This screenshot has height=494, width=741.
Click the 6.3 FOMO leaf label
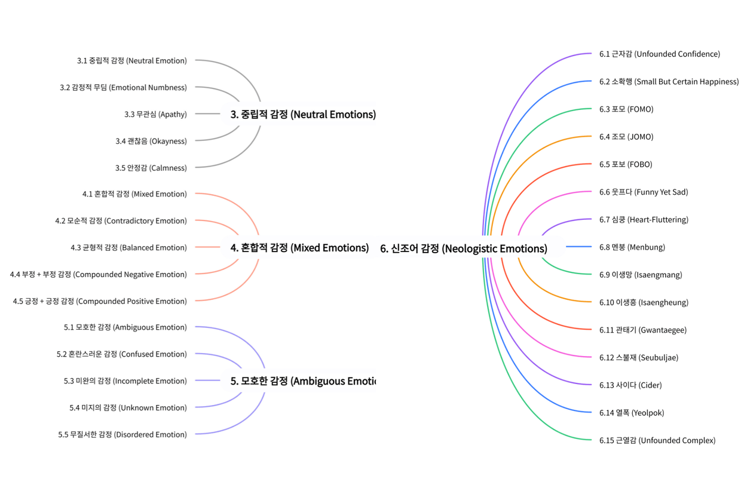pos(626,109)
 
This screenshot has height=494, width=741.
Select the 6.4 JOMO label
pos(626,137)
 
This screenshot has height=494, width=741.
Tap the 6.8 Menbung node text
pos(632,247)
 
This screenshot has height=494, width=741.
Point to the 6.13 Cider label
pos(630,385)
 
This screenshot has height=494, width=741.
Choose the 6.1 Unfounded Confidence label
pos(659,54)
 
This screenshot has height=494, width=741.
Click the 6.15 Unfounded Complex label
pos(657,440)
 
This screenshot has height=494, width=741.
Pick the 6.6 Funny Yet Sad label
pos(644,192)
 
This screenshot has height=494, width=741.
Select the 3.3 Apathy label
pos(155,114)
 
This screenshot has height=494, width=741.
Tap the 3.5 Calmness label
pos(151,168)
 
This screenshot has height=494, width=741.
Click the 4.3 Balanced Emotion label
pos(128,247)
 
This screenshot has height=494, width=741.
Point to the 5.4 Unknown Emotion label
pos(128,408)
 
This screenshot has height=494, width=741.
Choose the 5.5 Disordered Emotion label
pos(122,435)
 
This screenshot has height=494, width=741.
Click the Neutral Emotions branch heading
pos(303,114)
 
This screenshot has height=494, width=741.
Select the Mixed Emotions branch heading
pos(299,247)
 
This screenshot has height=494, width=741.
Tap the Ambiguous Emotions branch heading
pos(303,381)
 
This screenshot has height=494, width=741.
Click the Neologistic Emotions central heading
pos(463,248)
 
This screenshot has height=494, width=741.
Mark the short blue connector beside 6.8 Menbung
pos(578,247)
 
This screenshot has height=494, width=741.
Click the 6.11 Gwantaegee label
pos(642,330)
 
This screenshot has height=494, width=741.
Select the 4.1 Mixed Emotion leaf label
pos(134,194)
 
